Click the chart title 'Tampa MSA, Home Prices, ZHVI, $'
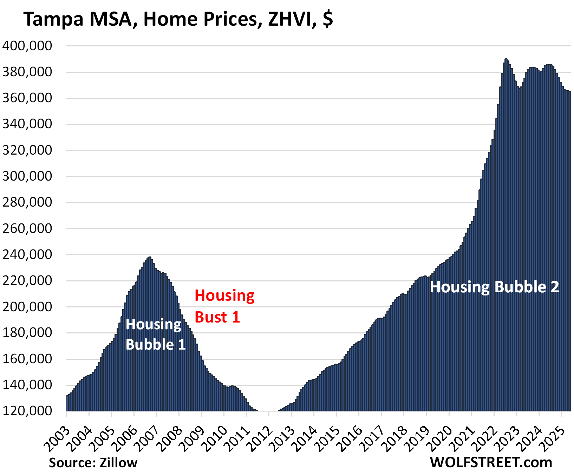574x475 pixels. pyautogui.click(x=178, y=19)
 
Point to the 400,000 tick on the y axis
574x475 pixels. pyautogui.click(x=27, y=46)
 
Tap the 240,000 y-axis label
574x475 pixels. pyautogui.click(x=27, y=254)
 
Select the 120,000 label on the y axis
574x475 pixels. pyautogui.click(x=27, y=411)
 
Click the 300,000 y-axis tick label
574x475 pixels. pyautogui.click(x=27, y=176)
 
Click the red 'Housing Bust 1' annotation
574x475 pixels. pyautogui.click(x=224, y=306)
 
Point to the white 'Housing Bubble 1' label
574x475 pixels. pyautogui.click(x=155, y=334)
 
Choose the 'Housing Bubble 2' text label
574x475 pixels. pyautogui.click(x=494, y=287)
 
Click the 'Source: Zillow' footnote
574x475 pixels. pyautogui.click(x=93, y=463)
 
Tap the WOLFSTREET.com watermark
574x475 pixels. pyautogui.click(x=491, y=462)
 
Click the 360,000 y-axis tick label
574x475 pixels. pyautogui.click(x=27, y=98)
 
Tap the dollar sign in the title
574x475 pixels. pyautogui.click(x=327, y=19)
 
